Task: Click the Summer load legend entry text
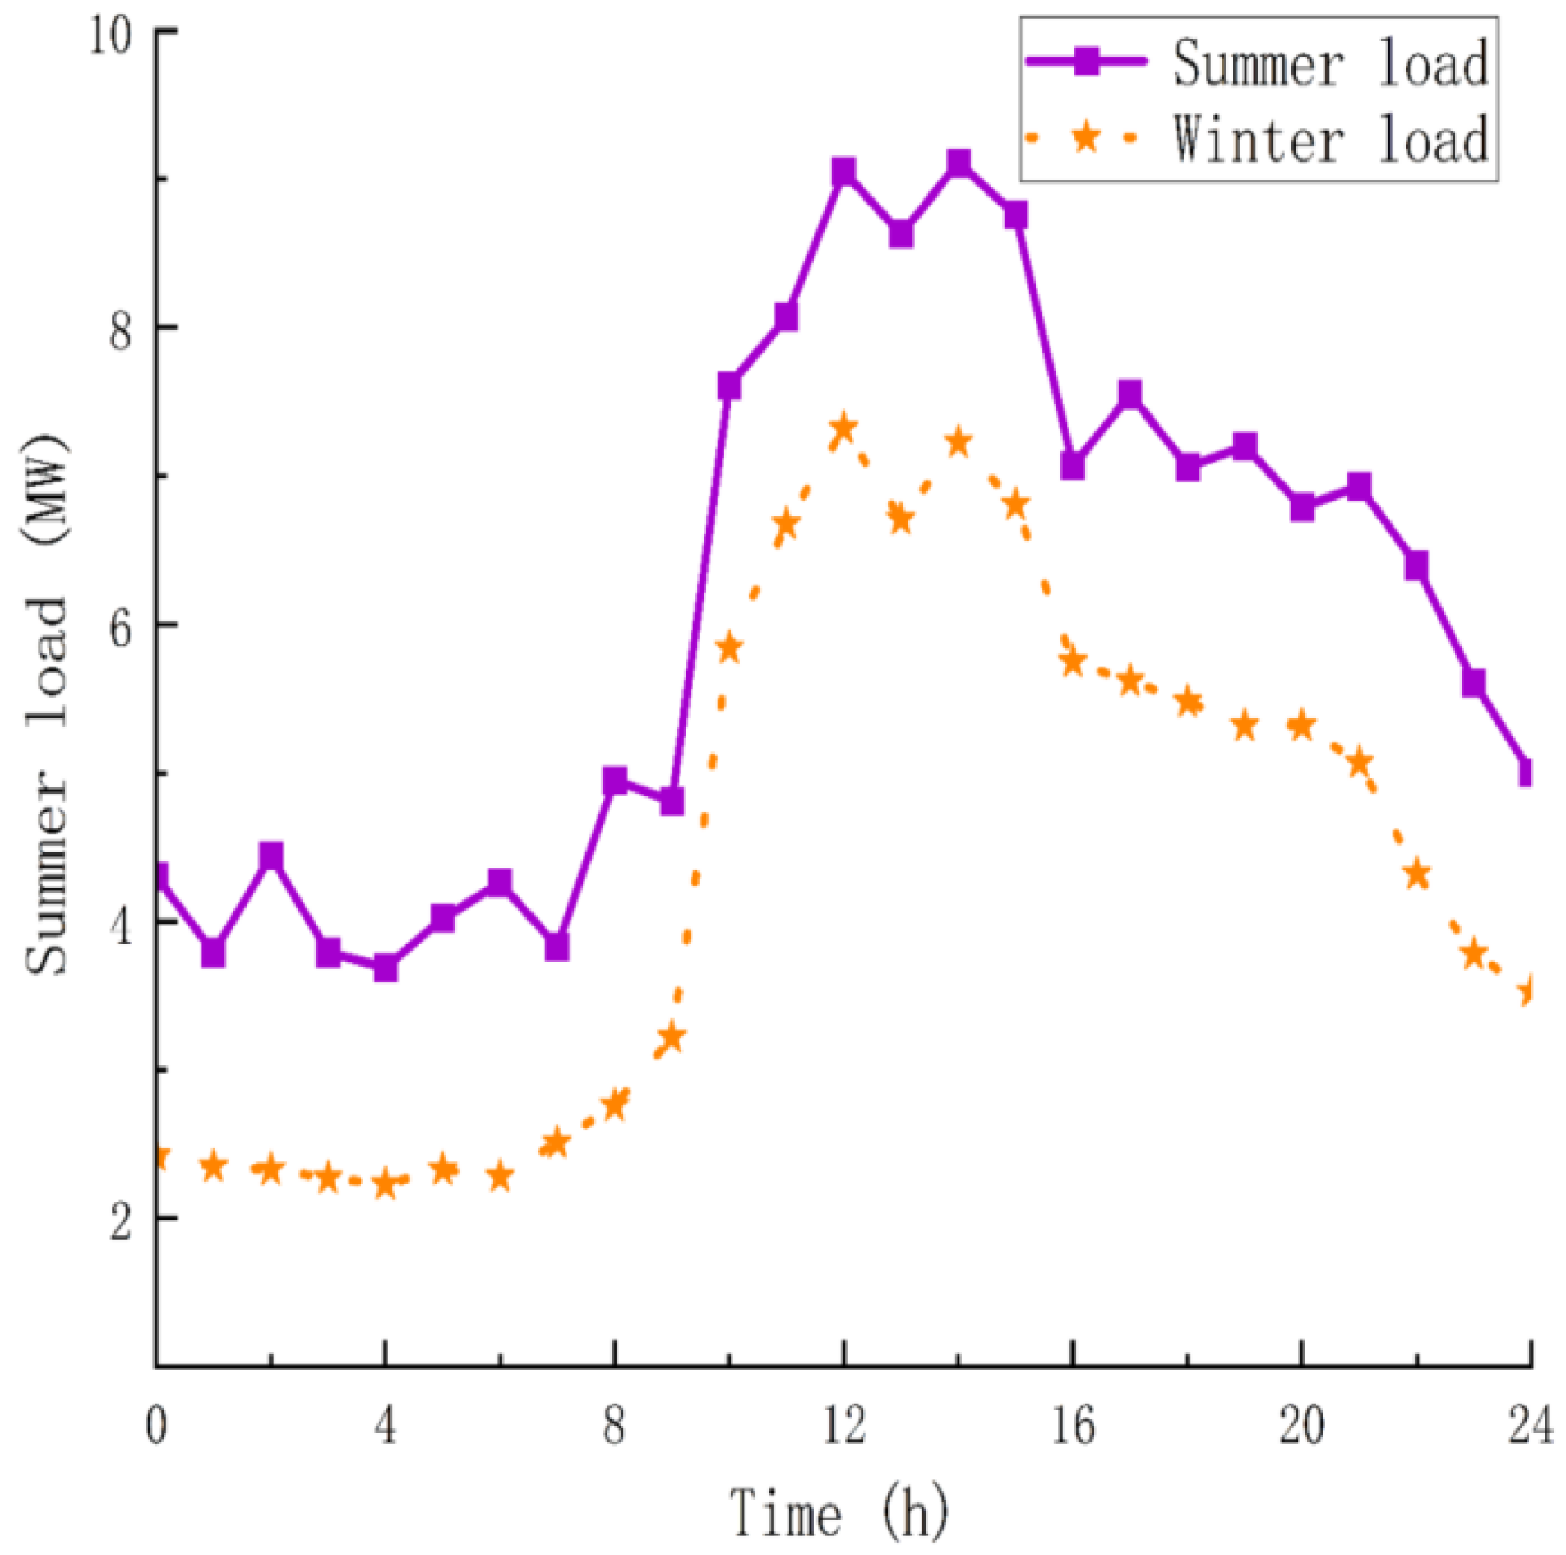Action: (1329, 63)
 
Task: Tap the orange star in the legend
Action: (1085, 136)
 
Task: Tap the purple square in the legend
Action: (1086, 61)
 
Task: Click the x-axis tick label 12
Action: (843, 1425)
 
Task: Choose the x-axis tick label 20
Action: (1301, 1425)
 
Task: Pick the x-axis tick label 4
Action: (385, 1425)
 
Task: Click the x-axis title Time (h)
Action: (838, 1512)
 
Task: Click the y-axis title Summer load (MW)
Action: (47, 703)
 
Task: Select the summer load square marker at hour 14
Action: (958, 163)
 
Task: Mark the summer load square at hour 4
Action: (385, 968)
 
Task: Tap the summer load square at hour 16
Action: (1072, 466)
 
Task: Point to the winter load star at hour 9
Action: (672, 1036)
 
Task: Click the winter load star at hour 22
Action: (1416, 874)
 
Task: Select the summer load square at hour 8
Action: (614, 780)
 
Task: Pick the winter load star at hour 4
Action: (385, 1184)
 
